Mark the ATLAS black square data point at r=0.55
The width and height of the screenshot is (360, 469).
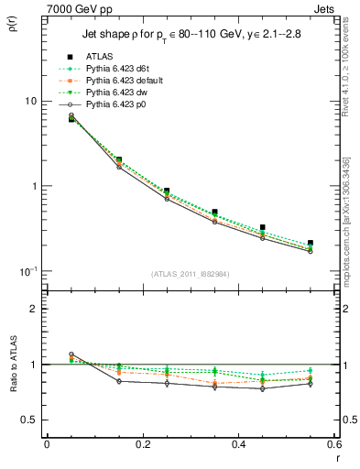(x=311, y=244)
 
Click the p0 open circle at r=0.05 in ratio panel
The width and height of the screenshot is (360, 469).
(x=71, y=354)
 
